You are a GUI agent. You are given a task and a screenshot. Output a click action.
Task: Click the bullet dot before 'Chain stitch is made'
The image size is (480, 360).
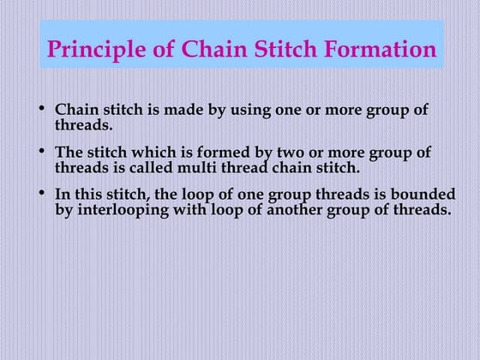pos(44,111)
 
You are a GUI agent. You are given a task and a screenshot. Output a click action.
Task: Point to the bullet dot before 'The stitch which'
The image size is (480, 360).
pos(44,153)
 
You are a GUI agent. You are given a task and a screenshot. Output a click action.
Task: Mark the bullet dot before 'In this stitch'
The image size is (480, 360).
pos(44,194)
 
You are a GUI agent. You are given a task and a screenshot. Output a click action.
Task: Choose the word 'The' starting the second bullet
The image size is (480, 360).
pos(69,153)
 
